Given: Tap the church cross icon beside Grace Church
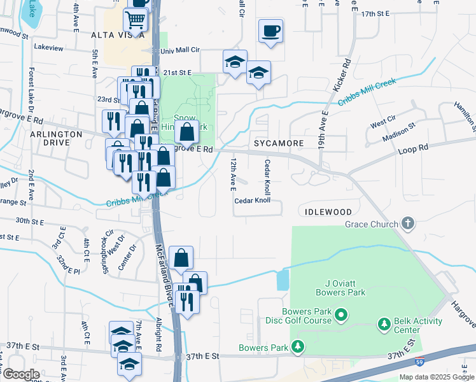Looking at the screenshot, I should (x=407, y=223).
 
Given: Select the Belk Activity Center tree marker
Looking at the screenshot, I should (x=384, y=325).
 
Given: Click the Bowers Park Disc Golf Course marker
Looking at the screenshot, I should (x=341, y=315).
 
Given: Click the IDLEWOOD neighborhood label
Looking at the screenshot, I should (x=328, y=211).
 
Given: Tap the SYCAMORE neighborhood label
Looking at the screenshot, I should (x=279, y=143).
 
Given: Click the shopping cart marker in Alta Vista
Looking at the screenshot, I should (x=136, y=20).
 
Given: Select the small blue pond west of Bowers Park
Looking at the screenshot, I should (x=283, y=280).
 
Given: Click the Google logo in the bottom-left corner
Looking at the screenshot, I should (x=21, y=374).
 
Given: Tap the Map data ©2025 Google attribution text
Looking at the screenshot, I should (x=437, y=377).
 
